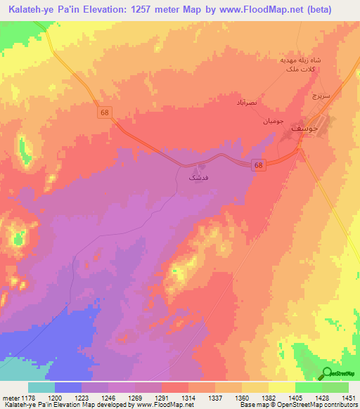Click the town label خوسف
[311, 128]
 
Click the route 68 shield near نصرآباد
[105, 112]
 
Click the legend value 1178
[27, 398]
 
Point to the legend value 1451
[348, 398]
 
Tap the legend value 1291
[161, 398]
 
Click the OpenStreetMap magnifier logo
[327, 373]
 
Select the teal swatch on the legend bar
[41, 387]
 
